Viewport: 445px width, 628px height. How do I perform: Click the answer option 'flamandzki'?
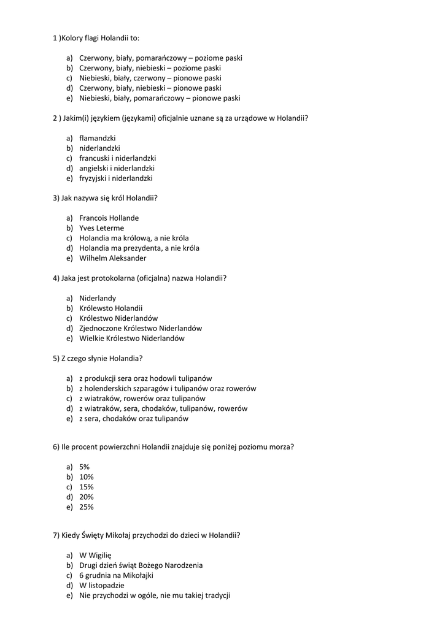point(97,139)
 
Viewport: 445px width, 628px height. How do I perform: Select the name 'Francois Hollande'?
point(109,218)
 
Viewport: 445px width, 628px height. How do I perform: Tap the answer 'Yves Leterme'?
point(101,228)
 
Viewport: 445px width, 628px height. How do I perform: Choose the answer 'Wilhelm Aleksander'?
point(112,258)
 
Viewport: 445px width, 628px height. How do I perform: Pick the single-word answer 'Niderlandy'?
point(97,298)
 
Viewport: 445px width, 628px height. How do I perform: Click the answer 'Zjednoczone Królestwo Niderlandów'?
point(140,328)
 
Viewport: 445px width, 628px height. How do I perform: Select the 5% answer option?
point(84,467)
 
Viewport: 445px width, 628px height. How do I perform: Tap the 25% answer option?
point(86,507)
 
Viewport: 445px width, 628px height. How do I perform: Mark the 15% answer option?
point(86,487)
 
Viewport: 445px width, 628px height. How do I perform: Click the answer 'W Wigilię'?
point(95,555)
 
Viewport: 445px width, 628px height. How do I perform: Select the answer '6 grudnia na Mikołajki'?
point(116,575)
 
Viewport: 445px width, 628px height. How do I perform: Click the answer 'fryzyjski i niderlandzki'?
point(115,178)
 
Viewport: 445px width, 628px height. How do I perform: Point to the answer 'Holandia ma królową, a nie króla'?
point(134,238)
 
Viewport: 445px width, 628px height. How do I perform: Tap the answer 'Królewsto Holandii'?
point(110,308)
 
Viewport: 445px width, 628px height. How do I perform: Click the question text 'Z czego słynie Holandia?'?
point(102,358)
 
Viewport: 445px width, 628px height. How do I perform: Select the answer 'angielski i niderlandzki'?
point(117,168)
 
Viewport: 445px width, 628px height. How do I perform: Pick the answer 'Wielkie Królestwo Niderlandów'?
point(131,338)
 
